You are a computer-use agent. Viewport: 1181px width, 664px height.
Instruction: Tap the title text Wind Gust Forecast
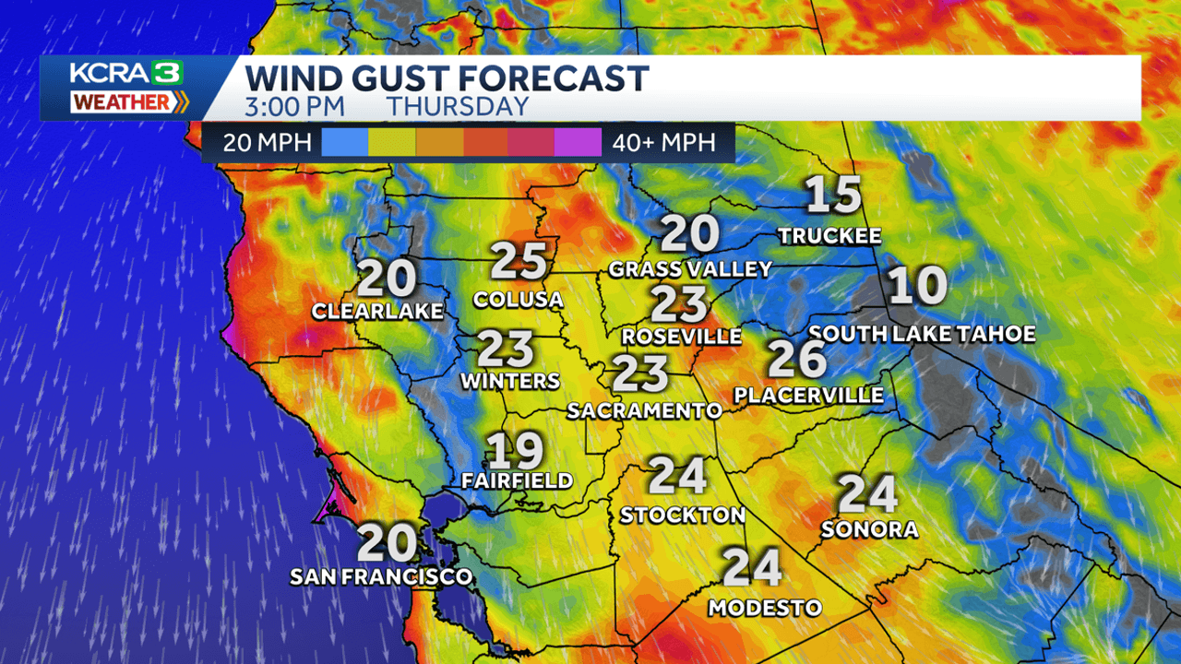(x=447, y=77)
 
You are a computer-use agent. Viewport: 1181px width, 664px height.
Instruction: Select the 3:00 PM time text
(x=294, y=106)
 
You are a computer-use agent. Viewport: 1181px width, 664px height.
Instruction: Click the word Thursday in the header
(x=458, y=106)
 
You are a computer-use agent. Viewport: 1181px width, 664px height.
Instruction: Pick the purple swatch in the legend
(x=578, y=143)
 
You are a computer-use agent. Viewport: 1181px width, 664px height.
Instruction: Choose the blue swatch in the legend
(x=345, y=143)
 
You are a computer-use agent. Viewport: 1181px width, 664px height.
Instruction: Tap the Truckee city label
(x=829, y=236)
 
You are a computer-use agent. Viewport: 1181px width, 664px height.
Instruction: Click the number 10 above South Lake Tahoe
(x=917, y=286)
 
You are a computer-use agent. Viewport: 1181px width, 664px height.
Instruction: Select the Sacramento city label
(x=644, y=410)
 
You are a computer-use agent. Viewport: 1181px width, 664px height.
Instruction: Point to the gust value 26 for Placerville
(x=797, y=359)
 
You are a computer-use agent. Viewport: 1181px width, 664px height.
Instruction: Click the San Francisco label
(x=381, y=577)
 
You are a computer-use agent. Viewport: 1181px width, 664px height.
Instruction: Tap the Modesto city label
(x=765, y=608)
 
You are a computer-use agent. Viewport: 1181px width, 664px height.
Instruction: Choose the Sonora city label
(x=869, y=529)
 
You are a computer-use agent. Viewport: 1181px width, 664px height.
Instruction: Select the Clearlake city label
(x=377, y=312)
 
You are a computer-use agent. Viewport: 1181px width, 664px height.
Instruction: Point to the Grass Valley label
(x=690, y=269)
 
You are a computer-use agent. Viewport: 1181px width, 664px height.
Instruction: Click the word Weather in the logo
(x=121, y=102)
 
